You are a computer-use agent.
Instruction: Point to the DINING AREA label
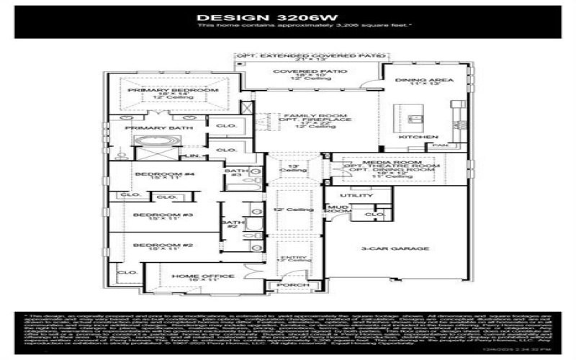click(426, 80)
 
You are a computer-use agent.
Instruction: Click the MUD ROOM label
click(338, 210)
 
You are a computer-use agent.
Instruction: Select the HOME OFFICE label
click(192, 276)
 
